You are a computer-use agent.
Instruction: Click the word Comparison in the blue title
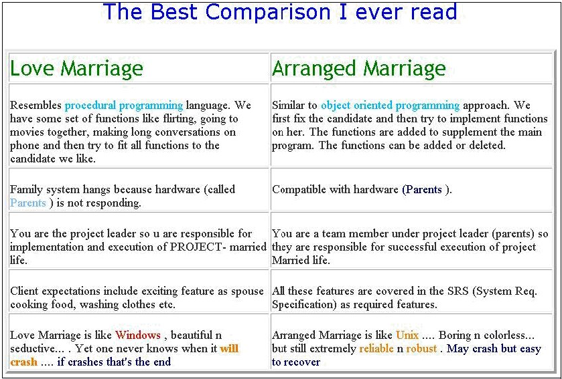click(268, 12)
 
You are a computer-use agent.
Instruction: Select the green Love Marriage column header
click(76, 68)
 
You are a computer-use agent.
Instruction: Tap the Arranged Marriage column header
click(359, 69)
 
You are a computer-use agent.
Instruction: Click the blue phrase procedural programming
click(124, 106)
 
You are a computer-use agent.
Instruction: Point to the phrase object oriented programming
click(390, 106)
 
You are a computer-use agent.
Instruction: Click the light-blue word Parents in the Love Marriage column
click(28, 203)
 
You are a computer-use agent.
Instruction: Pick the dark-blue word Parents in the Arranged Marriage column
click(423, 190)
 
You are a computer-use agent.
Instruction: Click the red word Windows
click(138, 335)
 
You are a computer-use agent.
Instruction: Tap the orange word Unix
click(407, 335)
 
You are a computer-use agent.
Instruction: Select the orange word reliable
click(376, 349)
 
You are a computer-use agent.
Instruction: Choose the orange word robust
click(421, 349)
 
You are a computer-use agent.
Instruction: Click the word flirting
click(183, 119)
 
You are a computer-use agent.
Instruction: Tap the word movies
click(23, 132)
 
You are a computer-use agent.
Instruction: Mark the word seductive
click(32, 349)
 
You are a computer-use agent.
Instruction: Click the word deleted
click(488, 146)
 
